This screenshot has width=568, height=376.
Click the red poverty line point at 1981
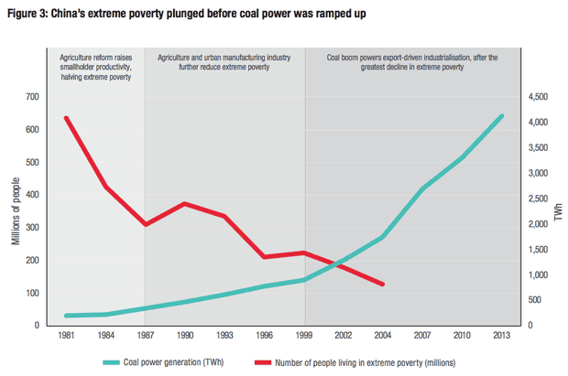pyautogui.click(x=66, y=117)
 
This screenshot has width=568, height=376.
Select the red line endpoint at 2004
pyautogui.click(x=383, y=285)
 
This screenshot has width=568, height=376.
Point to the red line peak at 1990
pyautogui.click(x=185, y=203)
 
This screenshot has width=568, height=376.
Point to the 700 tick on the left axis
pyautogui.click(x=33, y=97)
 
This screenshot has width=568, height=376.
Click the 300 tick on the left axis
pyautogui.click(x=33, y=228)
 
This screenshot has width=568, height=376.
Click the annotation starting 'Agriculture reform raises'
pyautogui.click(x=96, y=67)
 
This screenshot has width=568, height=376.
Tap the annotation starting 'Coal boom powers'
pyautogui.click(x=412, y=62)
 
